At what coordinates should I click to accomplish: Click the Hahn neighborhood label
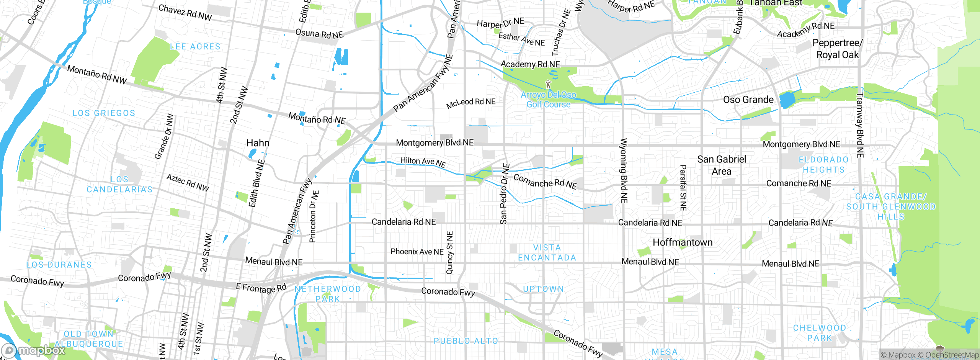[258, 143]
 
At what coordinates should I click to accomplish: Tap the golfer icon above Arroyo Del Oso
[548, 84]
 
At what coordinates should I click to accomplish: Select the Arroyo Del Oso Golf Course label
[548, 100]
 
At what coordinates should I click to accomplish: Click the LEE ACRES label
[195, 47]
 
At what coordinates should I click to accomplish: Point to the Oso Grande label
[748, 100]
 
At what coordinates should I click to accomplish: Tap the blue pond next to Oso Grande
[787, 100]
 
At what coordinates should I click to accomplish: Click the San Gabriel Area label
[722, 165]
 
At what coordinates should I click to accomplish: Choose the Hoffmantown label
[683, 242]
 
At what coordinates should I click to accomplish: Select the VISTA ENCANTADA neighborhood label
[547, 253]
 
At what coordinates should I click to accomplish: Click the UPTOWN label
[544, 289]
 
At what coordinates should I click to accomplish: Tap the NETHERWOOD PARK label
[328, 294]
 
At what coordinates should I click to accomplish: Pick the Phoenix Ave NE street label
[417, 252]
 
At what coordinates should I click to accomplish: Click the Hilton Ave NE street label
[423, 162]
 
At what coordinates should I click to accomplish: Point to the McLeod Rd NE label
[471, 103]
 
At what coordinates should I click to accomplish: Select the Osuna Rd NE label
[319, 34]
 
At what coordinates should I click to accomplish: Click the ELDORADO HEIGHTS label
[823, 165]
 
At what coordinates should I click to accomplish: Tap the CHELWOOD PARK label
[820, 333]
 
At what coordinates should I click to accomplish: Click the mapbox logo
[34, 350]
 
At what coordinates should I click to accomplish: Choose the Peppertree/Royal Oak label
[837, 49]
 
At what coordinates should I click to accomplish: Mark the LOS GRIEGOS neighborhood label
[104, 113]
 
